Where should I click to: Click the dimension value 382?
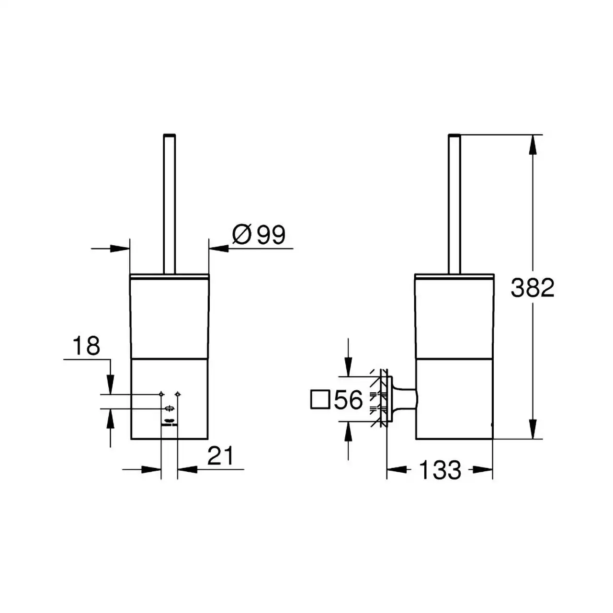532,288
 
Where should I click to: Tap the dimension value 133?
440,470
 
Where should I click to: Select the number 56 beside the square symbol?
348,399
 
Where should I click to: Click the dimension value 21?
220,455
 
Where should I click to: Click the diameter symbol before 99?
242,235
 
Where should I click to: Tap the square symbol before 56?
320,400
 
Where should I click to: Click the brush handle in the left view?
169,204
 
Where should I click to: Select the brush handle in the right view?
454,204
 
